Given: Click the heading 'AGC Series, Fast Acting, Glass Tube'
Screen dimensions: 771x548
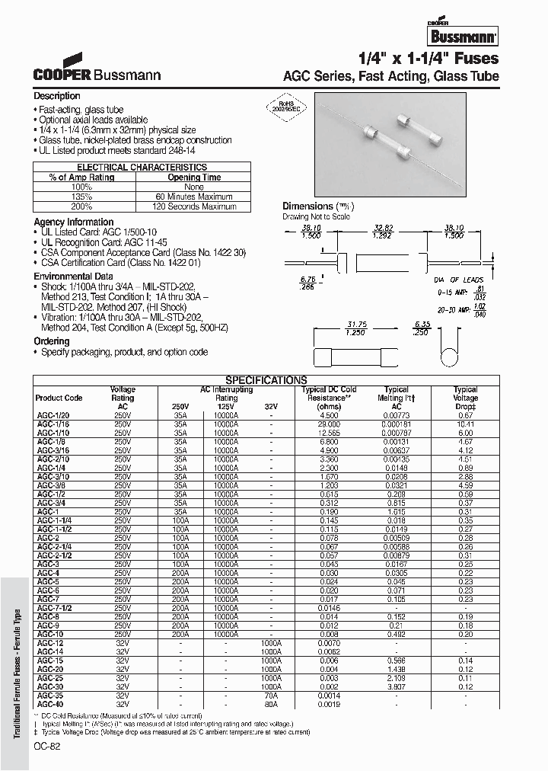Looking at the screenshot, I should (391, 76).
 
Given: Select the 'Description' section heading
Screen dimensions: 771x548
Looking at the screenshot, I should (57, 96).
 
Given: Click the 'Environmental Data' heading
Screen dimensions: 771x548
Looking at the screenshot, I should (74, 277).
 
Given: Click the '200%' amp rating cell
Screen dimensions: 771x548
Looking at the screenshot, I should (81, 206).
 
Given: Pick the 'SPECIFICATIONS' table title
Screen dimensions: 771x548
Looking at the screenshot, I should (266, 380).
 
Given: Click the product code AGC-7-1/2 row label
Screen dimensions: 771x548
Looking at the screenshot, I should (54, 607).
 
